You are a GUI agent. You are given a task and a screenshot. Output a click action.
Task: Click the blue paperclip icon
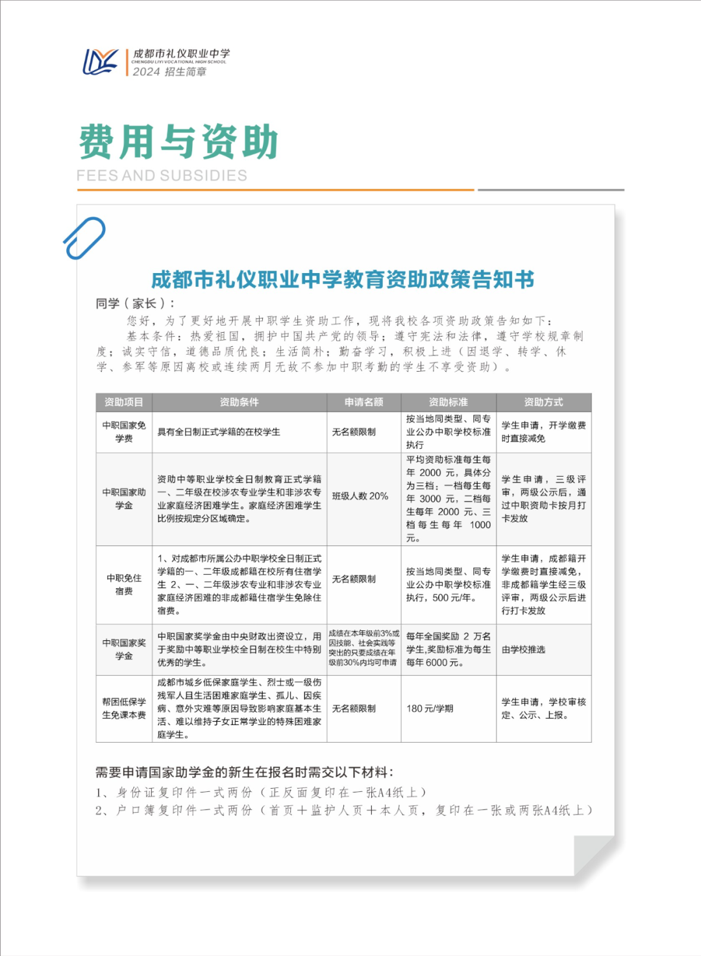coord(84,238)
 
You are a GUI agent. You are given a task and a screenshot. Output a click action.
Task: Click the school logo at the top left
coord(100,62)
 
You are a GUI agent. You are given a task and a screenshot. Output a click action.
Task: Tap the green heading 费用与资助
coord(178,142)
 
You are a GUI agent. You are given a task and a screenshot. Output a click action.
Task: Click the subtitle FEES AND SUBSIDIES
coord(162,176)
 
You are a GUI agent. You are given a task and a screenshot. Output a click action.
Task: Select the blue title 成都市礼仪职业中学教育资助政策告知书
coord(343,280)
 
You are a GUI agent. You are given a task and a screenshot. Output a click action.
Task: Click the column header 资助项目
coord(123,402)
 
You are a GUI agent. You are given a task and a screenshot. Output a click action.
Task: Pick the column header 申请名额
coord(363,402)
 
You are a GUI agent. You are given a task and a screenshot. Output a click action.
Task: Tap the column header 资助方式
coord(543,402)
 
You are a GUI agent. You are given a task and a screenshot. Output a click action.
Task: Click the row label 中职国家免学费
coord(123,432)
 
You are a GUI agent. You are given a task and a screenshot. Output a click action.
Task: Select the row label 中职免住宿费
coord(123,584)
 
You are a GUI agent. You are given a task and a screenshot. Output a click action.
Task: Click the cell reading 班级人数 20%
coord(360,496)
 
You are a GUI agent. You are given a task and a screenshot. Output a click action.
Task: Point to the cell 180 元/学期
coord(430,708)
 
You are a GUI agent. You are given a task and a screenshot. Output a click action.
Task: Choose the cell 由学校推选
coord(523,649)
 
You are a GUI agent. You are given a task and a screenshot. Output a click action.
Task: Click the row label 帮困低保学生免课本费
coord(123,708)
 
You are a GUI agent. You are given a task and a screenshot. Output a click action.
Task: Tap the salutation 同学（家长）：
coord(136,304)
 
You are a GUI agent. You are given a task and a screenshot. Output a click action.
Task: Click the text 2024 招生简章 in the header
coord(169,72)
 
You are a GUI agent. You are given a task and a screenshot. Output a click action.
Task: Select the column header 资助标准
coord(448,402)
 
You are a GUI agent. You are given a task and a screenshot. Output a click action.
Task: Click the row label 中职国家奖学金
coord(123,649)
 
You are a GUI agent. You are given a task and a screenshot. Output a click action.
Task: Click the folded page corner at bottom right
coord(593,855)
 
